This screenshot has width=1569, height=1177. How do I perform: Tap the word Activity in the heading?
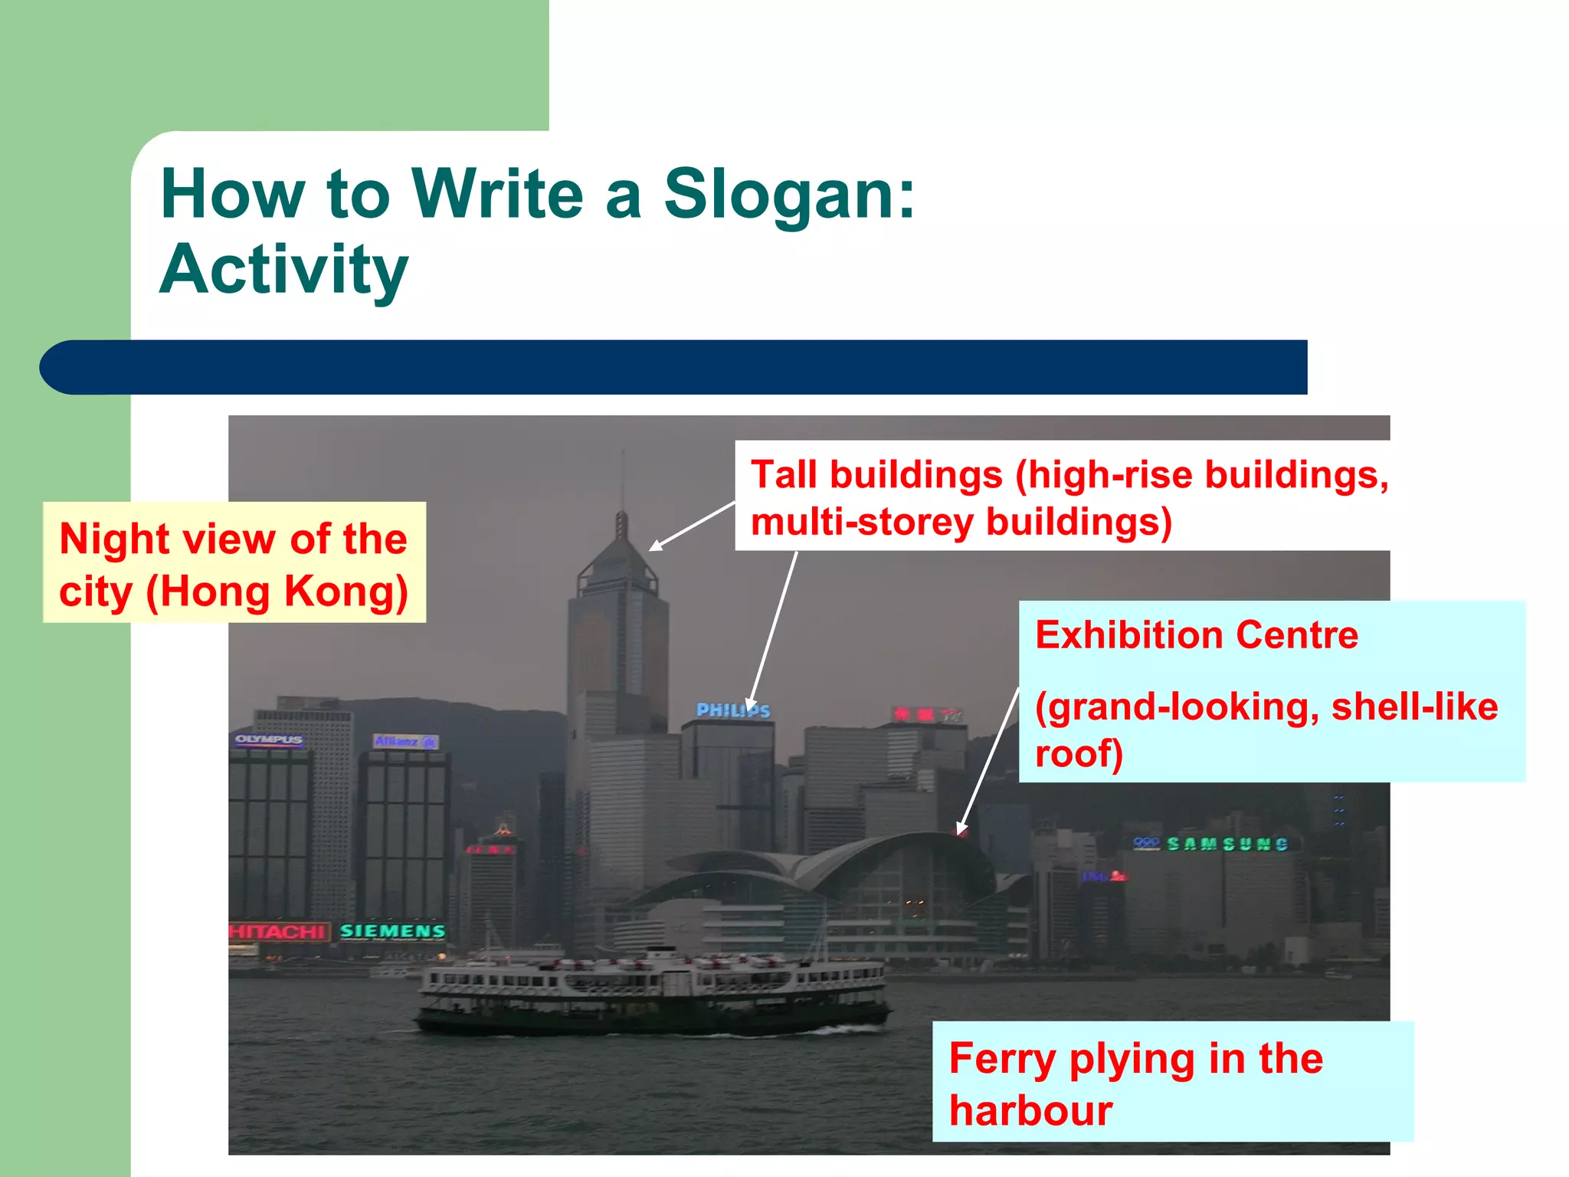283,270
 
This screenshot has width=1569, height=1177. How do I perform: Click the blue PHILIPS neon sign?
732,711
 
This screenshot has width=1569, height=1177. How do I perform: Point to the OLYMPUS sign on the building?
269,739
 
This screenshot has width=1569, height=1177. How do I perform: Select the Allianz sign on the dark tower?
405,741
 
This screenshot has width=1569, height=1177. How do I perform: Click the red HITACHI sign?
278,932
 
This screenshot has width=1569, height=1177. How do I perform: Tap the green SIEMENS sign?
392,931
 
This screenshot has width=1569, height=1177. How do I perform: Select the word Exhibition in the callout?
1128,635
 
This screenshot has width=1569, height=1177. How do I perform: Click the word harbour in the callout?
1030,1111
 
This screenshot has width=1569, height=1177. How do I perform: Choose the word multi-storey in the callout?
862,523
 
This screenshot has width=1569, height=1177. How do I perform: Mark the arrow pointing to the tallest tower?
691,526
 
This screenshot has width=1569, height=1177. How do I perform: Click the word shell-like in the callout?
1414,707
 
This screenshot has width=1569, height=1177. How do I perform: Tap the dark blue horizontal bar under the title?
674,367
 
